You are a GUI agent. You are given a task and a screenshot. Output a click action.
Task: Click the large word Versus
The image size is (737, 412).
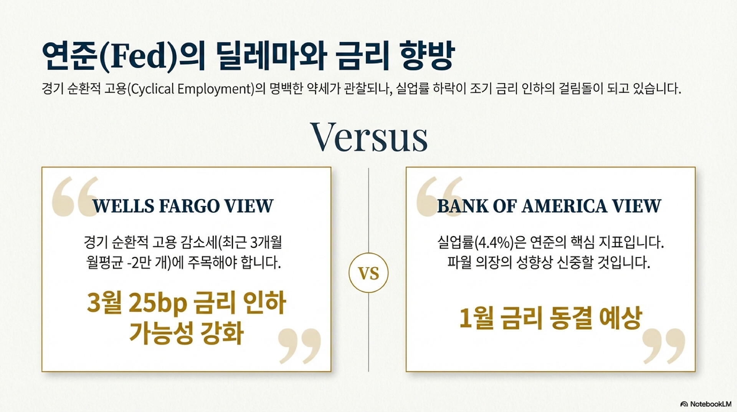[x=369, y=137]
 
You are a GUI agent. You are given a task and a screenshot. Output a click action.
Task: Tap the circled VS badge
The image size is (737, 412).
[x=368, y=273]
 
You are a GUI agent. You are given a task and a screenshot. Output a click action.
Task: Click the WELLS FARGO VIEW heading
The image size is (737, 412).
[x=183, y=206]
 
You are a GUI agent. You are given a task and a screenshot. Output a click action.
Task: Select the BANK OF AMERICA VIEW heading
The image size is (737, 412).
[x=549, y=206]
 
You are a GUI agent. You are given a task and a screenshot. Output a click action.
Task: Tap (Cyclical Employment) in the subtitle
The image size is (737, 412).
[x=190, y=89]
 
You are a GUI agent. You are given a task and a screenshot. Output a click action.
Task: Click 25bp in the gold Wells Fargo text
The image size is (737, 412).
[x=158, y=303]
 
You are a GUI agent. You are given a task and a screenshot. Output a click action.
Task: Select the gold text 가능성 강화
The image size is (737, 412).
[x=187, y=332]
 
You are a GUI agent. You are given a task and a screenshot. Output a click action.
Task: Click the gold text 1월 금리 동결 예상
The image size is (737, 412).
[x=550, y=318]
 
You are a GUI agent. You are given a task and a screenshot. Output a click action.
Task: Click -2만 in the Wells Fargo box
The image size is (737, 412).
[x=139, y=263]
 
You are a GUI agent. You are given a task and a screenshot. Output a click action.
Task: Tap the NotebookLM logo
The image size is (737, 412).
[x=706, y=404]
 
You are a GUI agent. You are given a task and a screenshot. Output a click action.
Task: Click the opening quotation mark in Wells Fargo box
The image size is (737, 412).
[x=75, y=197]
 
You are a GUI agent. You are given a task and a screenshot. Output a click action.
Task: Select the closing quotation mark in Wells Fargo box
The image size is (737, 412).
[x=299, y=346]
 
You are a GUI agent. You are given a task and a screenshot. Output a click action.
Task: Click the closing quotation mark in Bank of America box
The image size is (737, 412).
[x=664, y=346]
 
